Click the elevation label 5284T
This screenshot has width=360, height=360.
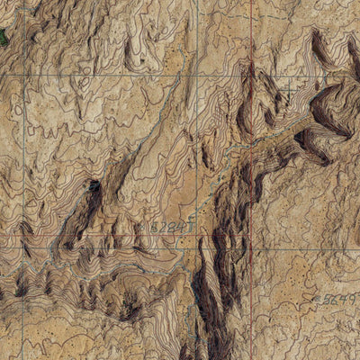167,228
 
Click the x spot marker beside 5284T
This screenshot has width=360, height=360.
145,229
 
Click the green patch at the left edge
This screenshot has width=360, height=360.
3,36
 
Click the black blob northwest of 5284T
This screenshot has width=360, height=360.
94,186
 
